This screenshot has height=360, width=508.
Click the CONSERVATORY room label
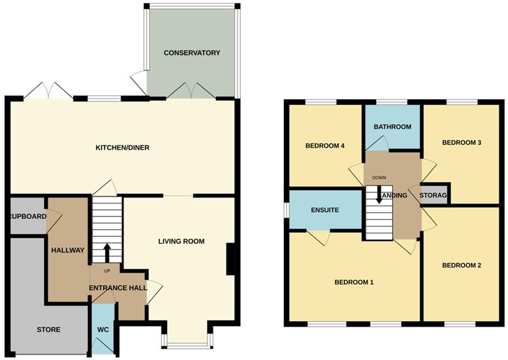(192, 53)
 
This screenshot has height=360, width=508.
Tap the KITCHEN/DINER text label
(122, 148)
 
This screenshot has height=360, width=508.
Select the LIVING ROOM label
(181, 241)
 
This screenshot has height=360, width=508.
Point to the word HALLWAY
(67, 250)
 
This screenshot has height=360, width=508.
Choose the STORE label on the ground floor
(48, 330)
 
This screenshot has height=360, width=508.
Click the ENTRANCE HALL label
(118, 288)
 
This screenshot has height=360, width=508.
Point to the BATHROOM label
(393, 127)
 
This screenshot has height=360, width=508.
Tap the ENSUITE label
(325, 210)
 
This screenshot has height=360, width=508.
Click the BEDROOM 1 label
(354, 282)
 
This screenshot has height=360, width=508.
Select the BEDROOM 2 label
(461, 265)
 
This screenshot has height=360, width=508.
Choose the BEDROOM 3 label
(462, 142)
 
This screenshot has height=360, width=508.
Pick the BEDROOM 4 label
(324, 146)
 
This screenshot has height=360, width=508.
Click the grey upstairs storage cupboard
(436, 194)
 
